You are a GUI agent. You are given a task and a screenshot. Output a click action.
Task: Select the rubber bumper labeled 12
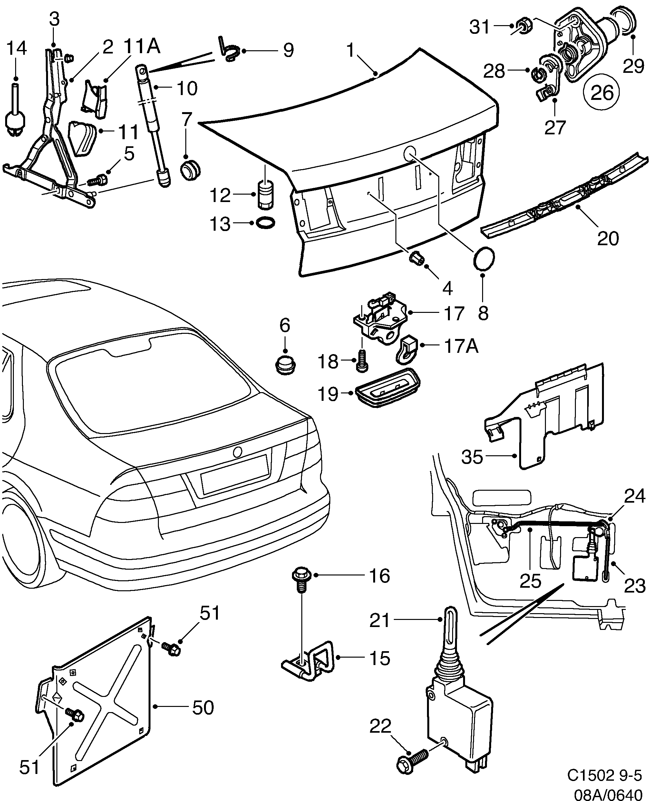click(266, 195)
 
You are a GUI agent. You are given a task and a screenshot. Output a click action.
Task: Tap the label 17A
click(461, 346)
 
